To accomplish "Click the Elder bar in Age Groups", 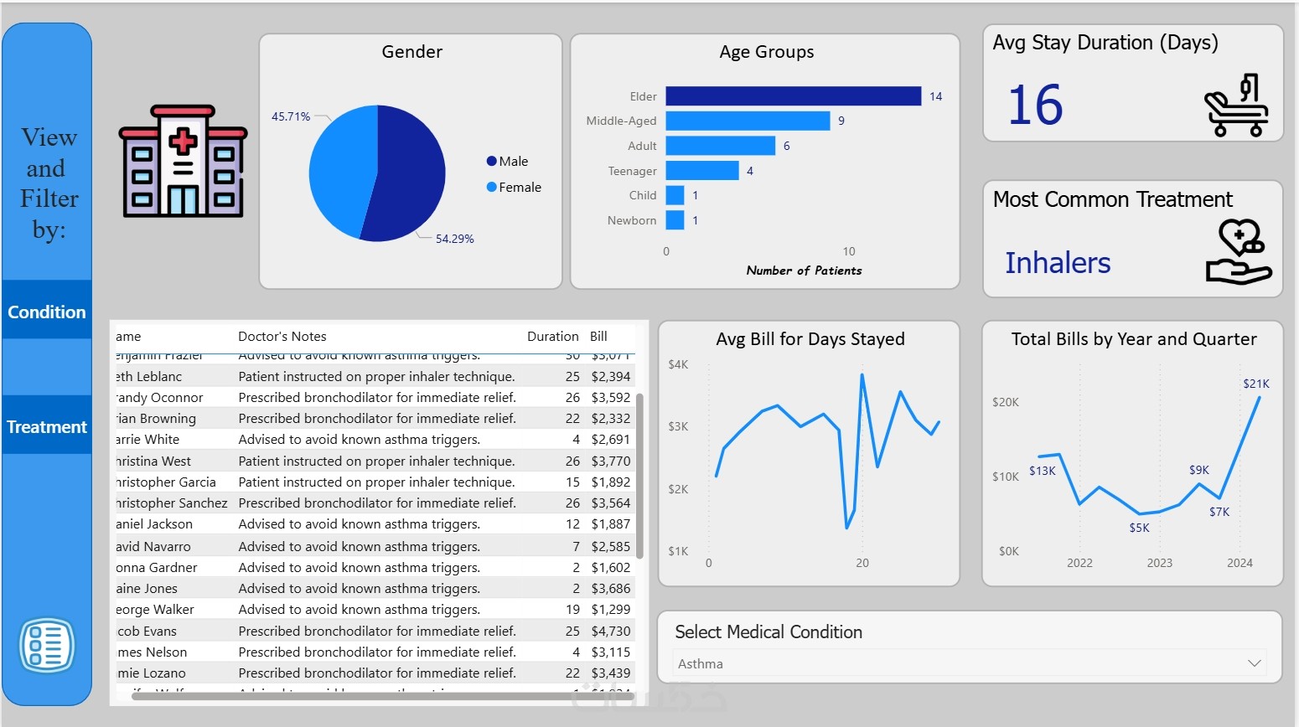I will pos(793,96).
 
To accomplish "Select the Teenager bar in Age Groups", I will pos(702,171).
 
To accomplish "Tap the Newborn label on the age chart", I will pos(632,220).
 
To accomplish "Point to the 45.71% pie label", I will pos(290,116).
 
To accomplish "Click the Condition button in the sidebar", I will pos(47,312).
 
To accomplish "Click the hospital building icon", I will pos(184,162).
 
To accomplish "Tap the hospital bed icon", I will pos(1236,106).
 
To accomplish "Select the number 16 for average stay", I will pos(1035,106).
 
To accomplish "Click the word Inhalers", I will pos(1058,263).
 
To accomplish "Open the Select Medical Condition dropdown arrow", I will pos(1254,663).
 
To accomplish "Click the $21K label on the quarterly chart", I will pos(1255,384).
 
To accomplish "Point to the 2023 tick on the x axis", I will pos(1159,563).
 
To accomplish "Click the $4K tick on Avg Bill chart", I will pos(678,364).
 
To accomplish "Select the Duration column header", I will pos(552,336).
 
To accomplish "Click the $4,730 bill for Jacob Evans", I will pos(610,631).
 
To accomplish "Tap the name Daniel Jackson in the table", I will pos(154,524).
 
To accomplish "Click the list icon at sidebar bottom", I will pos(47,646).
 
